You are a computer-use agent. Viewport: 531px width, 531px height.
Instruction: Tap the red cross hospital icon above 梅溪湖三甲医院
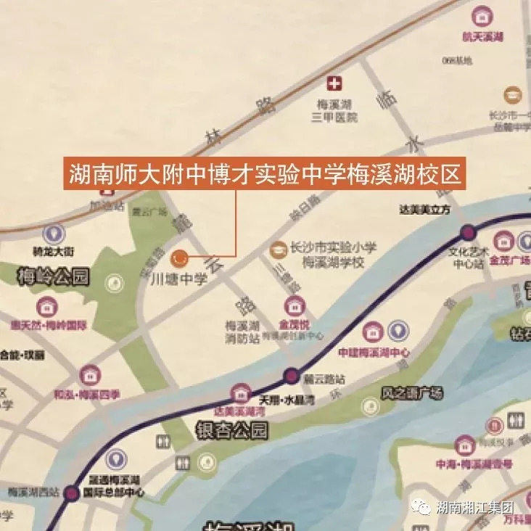335,83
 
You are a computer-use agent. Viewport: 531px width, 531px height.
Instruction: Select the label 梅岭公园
52,276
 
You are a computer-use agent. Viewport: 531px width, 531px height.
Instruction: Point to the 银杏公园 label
232,431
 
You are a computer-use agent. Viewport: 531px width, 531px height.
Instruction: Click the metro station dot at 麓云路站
292,376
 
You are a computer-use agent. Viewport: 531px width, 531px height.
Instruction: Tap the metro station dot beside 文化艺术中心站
468,233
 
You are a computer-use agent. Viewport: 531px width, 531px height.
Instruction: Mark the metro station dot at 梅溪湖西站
71,495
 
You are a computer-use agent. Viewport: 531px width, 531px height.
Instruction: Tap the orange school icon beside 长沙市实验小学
277,250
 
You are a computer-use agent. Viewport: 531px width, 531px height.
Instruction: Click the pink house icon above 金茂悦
293,305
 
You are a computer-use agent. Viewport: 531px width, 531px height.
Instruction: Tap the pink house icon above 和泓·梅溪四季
90,375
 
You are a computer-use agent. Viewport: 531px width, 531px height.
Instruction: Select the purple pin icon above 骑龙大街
53,234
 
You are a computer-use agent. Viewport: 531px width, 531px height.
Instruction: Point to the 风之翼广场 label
411,394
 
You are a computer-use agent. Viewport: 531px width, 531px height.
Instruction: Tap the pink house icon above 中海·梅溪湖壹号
464,445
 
